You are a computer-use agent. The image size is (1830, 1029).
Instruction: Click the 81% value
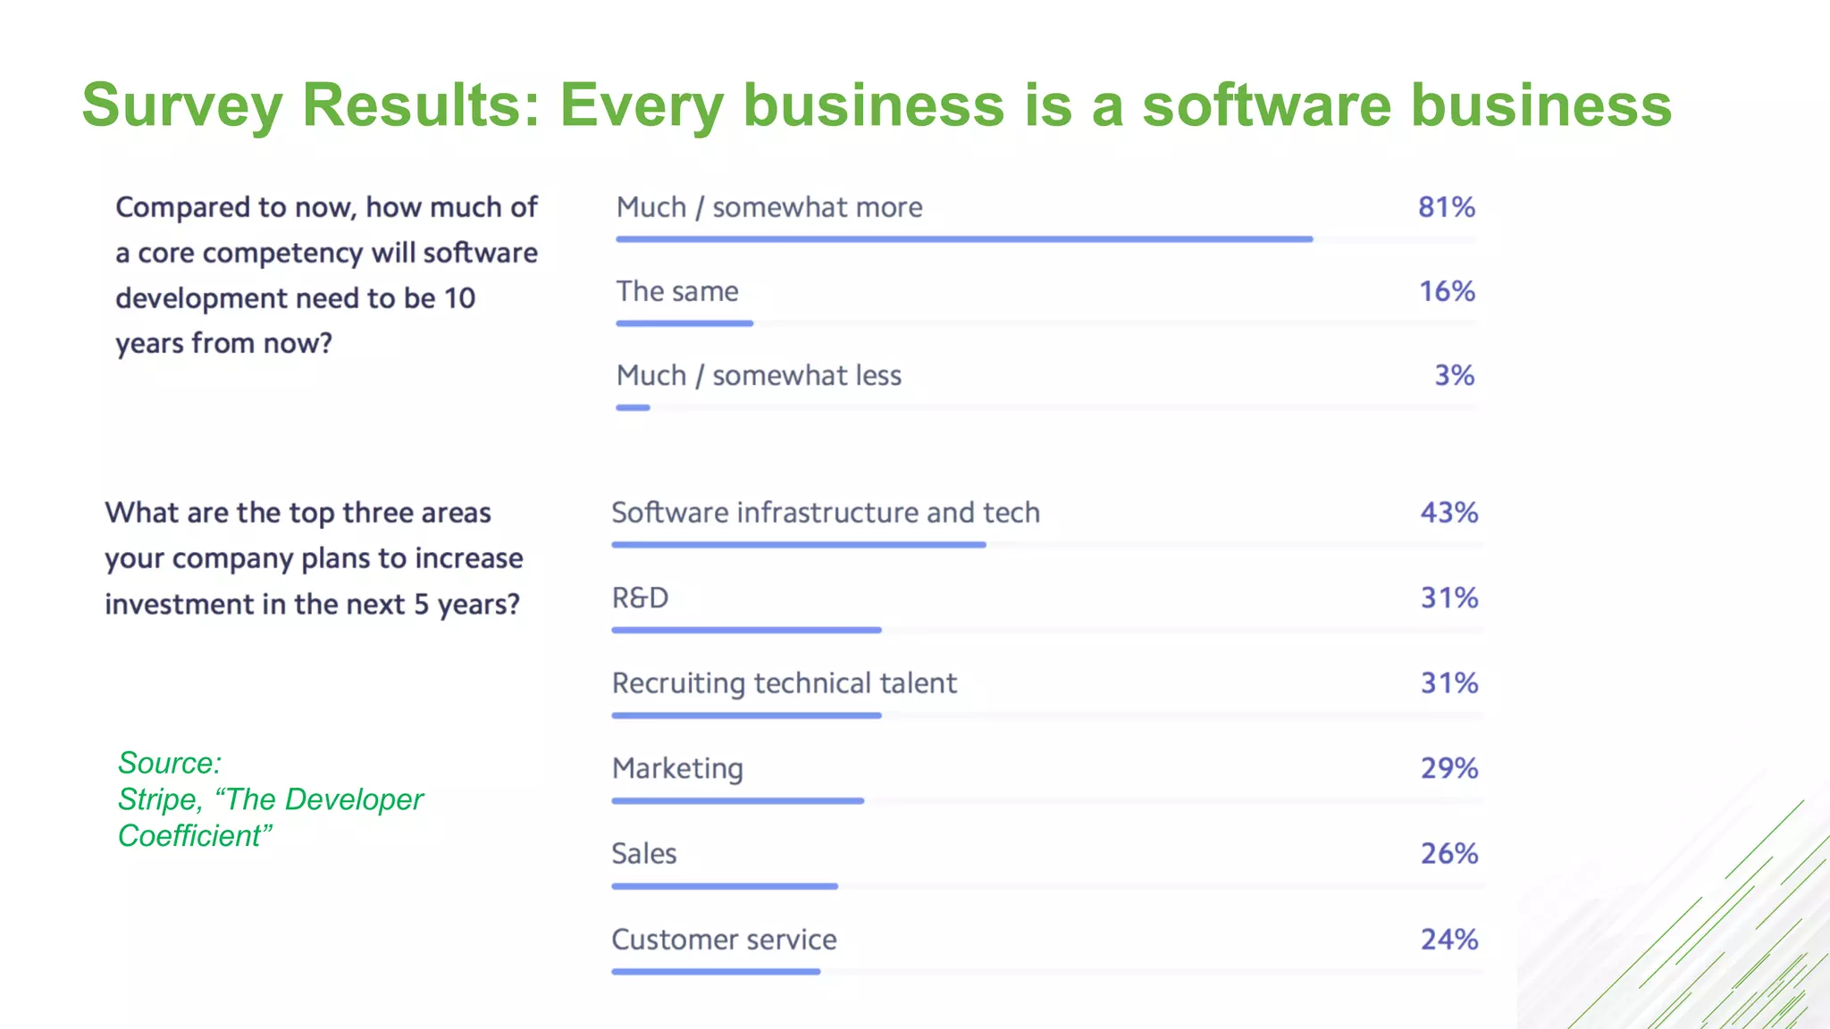(x=1446, y=207)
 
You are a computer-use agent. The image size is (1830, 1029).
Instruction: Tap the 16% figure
(x=1447, y=291)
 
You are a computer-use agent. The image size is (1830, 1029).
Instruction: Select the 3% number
(x=1454, y=375)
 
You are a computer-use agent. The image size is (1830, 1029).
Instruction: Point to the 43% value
(x=1448, y=513)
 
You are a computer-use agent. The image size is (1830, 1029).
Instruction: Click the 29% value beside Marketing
(x=1448, y=768)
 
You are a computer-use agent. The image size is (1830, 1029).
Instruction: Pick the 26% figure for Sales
(x=1448, y=854)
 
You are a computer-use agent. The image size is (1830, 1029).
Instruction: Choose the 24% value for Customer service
(x=1448, y=940)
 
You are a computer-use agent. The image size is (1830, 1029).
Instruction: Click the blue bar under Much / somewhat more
(x=963, y=239)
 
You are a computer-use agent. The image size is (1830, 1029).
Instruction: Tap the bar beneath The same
(x=684, y=323)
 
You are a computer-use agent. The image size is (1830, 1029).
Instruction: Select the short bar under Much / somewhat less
(x=633, y=408)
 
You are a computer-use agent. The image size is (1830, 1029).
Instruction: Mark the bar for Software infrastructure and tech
(x=798, y=545)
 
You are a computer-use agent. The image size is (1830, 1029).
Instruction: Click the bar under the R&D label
(x=746, y=631)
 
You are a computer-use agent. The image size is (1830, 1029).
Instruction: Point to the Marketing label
(x=677, y=768)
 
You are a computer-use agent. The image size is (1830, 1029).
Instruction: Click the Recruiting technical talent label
(x=784, y=683)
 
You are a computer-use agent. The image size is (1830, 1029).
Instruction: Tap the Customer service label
(x=724, y=940)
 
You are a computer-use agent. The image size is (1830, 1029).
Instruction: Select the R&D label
(x=640, y=598)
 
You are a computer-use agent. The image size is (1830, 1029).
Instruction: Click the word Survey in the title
(x=181, y=105)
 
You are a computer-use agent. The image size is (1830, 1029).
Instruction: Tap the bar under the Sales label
(x=725, y=887)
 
